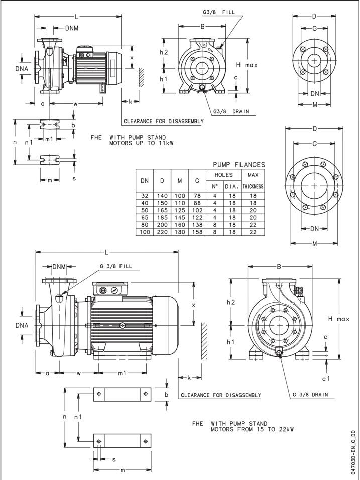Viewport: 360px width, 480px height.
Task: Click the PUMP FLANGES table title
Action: [239, 164]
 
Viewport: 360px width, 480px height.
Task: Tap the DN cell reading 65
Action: [145, 217]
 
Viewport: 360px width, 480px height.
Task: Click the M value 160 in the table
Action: [179, 224]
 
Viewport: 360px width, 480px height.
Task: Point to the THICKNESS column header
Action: [253, 186]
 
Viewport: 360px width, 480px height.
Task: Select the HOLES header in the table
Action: [224, 175]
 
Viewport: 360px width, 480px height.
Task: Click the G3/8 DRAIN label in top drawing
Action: [231, 111]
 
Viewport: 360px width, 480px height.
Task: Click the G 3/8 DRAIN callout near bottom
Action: [310, 395]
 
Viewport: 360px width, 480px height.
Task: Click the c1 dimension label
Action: [326, 378]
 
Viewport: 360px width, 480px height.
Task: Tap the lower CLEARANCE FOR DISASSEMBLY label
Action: [221, 395]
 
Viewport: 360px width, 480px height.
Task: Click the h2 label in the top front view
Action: [164, 52]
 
